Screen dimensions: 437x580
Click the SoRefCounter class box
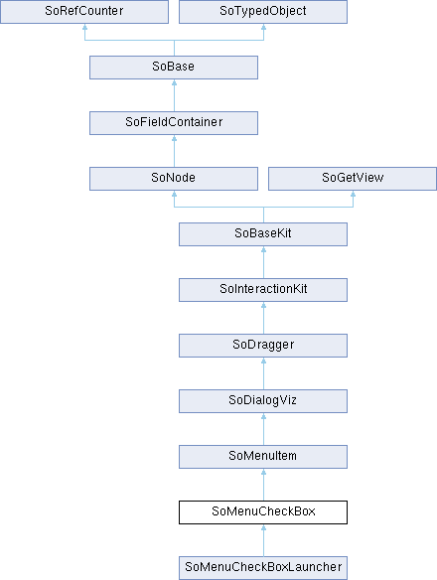coord(84,12)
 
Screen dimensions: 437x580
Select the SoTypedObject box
coord(263,12)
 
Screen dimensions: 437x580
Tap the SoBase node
coord(174,68)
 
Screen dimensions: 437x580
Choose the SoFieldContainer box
coord(174,123)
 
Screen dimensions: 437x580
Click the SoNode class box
coord(174,179)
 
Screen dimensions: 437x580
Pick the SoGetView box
coord(353,179)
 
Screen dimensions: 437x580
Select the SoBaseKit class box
coord(263,234)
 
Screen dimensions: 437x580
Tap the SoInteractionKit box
coord(263,290)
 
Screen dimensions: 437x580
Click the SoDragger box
coord(263,346)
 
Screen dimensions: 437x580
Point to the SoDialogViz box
coord(263,401)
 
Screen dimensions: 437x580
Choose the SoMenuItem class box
coord(263,457)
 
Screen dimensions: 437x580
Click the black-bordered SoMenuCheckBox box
coord(263,512)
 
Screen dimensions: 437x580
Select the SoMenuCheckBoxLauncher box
coord(263,568)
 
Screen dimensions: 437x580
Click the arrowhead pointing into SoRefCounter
coord(84,27)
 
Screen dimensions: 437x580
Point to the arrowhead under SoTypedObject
coord(263,27)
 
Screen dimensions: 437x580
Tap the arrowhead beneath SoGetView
coord(353,194)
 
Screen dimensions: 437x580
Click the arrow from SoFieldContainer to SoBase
coord(174,95)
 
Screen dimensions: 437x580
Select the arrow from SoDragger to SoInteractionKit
coord(263,318)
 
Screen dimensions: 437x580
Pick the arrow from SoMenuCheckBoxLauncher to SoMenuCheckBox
coord(263,540)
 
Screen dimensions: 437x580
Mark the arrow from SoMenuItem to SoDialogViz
coord(263,429)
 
